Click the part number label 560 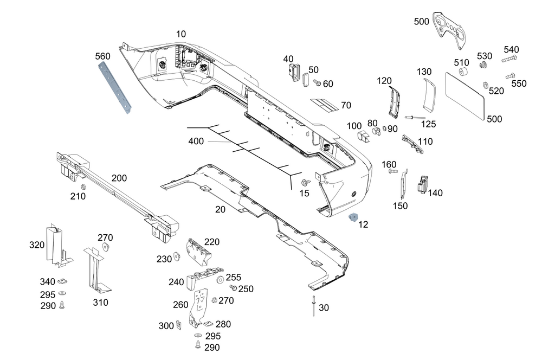point(102,56)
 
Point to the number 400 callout point(196,142)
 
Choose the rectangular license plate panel point(466,94)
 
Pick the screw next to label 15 point(306,183)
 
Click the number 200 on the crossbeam point(119,178)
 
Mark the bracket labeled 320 point(56,245)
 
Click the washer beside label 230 point(177,256)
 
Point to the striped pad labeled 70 point(325,104)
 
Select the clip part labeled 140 point(422,185)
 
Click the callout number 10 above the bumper point(180,34)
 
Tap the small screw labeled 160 point(393,171)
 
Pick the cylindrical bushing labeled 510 point(463,73)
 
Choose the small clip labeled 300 point(179,325)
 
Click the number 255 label point(234,277)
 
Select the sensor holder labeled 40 point(293,71)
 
